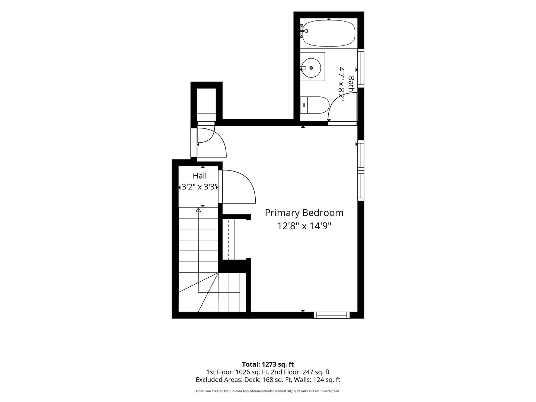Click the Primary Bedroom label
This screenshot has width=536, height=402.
(304, 213)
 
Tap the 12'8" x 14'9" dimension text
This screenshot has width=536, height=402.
(304, 226)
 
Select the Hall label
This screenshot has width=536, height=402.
(200, 176)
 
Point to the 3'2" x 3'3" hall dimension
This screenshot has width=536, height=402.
(198, 187)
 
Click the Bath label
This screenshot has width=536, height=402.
(351, 84)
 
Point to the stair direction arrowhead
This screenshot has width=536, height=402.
(198, 210)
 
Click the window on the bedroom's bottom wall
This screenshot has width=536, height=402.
(332, 315)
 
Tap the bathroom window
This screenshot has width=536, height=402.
(361, 68)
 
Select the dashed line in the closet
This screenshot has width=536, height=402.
(229, 239)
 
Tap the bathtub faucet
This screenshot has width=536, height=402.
(304, 31)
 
